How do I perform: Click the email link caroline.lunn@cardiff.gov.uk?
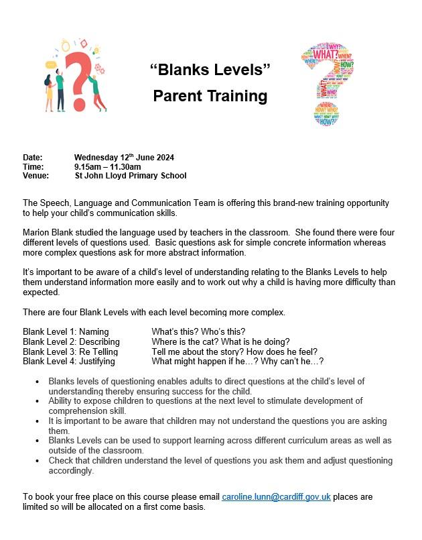point(276,497)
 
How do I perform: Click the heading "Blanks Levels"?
point(210,69)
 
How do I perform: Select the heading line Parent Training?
point(210,96)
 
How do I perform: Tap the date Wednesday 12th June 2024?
point(124,158)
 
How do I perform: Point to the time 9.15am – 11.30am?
point(107,167)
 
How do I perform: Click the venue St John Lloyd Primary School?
point(131,176)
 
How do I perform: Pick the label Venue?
point(36,176)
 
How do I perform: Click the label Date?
point(33,158)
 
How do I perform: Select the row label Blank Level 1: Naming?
point(66,331)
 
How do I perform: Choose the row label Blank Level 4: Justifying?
point(69,361)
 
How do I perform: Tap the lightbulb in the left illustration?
point(66,46)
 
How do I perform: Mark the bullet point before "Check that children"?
point(36,461)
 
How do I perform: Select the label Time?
point(33,167)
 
